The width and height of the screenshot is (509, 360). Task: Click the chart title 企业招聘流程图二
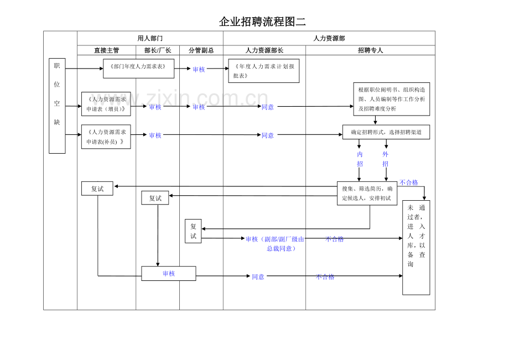click(262, 22)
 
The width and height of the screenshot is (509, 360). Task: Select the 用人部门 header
click(150, 38)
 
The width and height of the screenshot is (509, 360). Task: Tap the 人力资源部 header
click(329, 38)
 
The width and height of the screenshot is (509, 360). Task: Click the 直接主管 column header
click(106, 50)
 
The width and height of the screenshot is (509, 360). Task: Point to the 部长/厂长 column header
click(158, 50)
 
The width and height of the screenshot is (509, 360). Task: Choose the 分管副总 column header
click(201, 50)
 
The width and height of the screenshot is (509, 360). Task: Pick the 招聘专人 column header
click(370, 50)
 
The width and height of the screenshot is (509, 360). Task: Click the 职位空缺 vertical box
click(57, 106)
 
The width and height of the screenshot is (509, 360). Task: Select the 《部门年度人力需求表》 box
click(139, 69)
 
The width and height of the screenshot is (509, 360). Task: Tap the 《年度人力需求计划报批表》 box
click(264, 71)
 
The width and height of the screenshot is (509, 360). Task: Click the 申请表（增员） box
click(106, 104)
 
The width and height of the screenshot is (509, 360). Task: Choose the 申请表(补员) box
click(106, 137)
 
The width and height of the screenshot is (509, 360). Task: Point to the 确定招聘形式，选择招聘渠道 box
click(386, 132)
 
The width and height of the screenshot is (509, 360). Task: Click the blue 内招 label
click(360, 159)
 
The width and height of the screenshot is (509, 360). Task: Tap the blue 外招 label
click(385, 159)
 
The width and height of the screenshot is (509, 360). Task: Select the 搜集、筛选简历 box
click(367, 194)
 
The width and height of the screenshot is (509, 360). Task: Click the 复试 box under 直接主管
click(97, 189)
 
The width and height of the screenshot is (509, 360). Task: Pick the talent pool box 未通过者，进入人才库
click(416, 247)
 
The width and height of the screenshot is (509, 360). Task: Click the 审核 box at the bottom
click(169, 273)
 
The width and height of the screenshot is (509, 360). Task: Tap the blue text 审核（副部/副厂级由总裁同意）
click(275, 243)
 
